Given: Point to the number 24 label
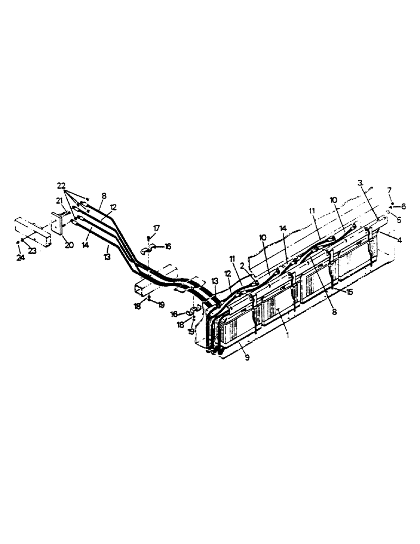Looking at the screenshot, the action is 21,257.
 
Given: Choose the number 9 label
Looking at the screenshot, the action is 248,358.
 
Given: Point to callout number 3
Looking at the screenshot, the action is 360,183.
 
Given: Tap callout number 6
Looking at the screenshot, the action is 403,206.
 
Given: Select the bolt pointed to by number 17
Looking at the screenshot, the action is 147,238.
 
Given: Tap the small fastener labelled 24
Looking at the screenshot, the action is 18,242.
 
